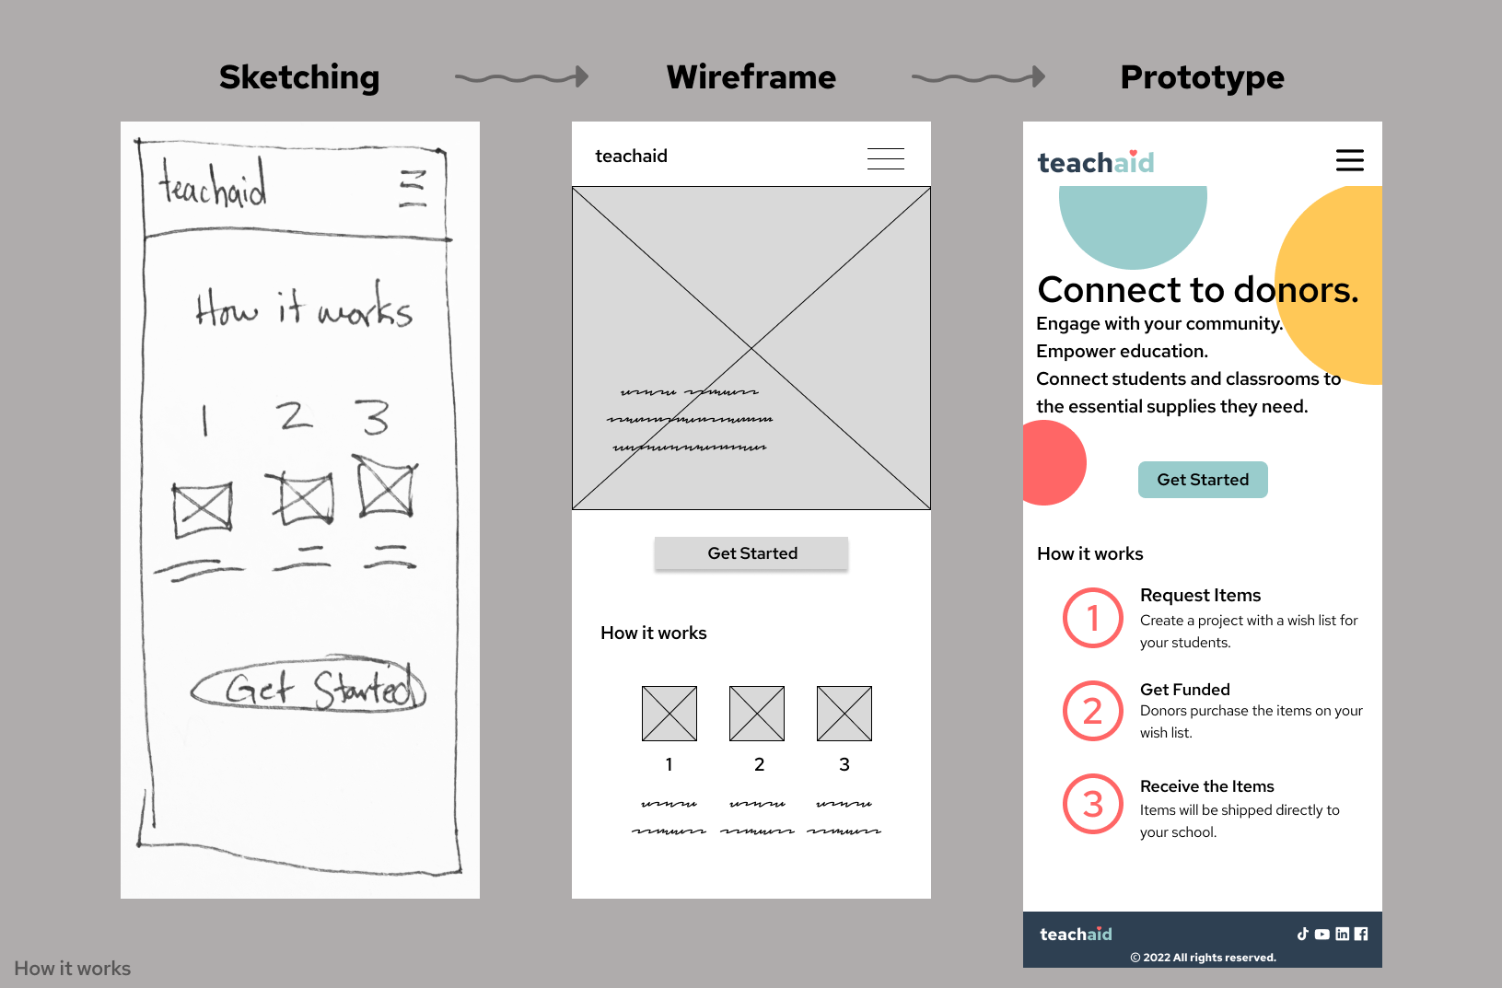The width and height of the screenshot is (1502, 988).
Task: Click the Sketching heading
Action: pyautogui.click(x=299, y=77)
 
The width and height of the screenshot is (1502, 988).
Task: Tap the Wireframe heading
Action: pyautogui.click(x=751, y=77)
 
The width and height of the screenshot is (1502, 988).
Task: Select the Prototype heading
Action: pyautogui.click(x=1202, y=77)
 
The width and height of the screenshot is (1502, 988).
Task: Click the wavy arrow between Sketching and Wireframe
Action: pyautogui.click(x=521, y=77)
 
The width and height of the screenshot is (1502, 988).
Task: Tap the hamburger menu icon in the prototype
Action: pyautogui.click(x=1349, y=160)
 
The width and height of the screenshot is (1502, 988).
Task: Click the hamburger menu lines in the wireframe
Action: pyautogui.click(x=885, y=158)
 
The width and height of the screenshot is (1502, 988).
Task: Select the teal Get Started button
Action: pyautogui.click(x=1203, y=480)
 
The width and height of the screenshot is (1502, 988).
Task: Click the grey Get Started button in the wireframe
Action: pyautogui.click(x=751, y=553)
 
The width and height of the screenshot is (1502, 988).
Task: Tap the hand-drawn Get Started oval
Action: pyautogui.click(x=309, y=687)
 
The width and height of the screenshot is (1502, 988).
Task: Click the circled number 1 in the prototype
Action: pyautogui.click(x=1093, y=618)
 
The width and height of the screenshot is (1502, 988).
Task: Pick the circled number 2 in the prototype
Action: pyautogui.click(x=1093, y=711)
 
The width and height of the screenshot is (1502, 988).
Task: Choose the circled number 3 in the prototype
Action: pyautogui.click(x=1093, y=804)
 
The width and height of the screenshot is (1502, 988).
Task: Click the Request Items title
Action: pyautogui.click(x=1200, y=595)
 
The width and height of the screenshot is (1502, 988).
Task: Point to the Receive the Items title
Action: pyautogui.click(x=1206, y=786)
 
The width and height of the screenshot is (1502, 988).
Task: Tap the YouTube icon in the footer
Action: pyautogui.click(x=1322, y=934)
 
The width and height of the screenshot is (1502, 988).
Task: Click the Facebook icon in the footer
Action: pyautogui.click(x=1361, y=934)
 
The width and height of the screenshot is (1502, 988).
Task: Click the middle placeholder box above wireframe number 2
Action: pyautogui.click(x=757, y=714)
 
